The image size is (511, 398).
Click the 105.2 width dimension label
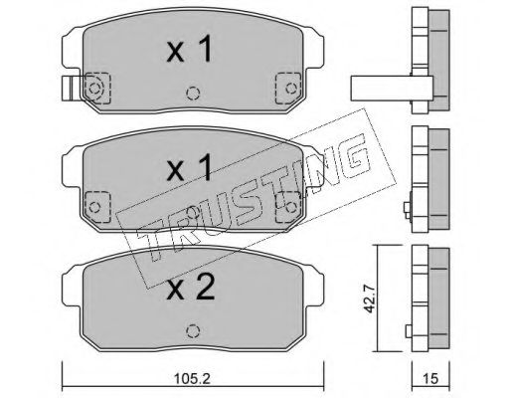[x=193, y=378]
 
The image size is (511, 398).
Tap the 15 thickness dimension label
[x=430, y=378]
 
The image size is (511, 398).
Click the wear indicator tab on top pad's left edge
[x=70, y=89]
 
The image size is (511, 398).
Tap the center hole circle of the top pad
[x=193, y=94]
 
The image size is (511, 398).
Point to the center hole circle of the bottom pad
[x=193, y=331]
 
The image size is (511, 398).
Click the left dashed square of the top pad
[x=97, y=89]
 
